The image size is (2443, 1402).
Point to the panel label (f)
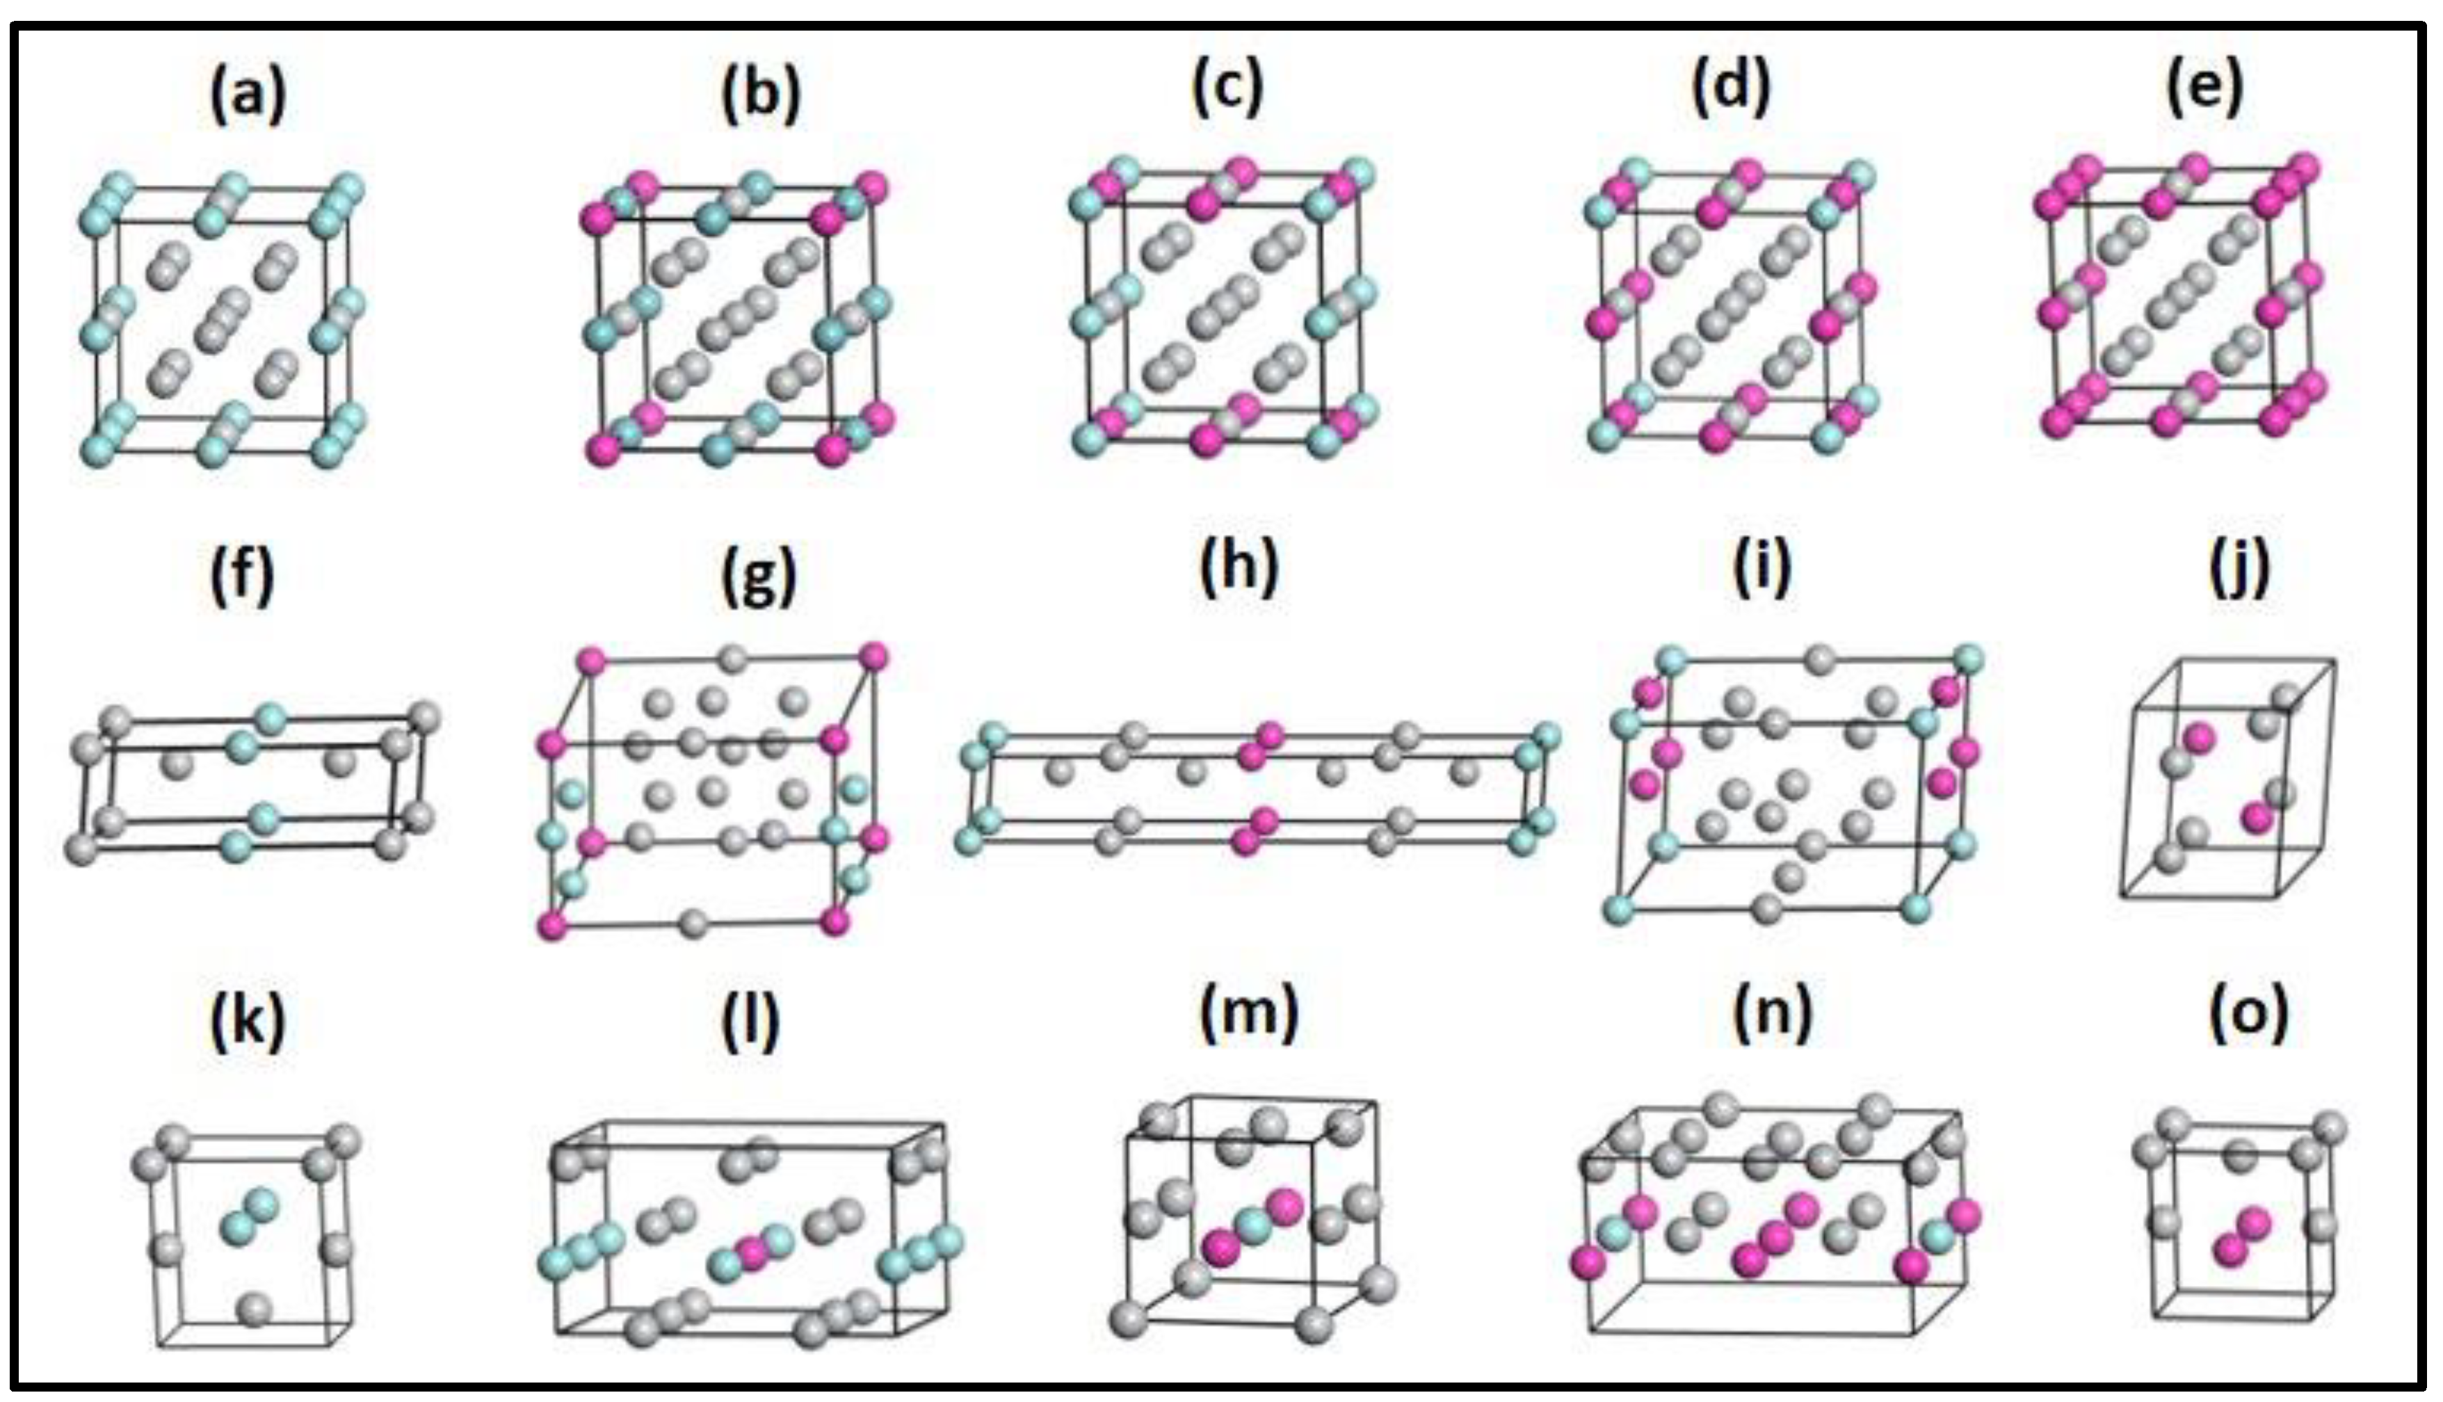(x=243, y=575)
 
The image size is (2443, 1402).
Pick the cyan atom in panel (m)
(x=1253, y=1226)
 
